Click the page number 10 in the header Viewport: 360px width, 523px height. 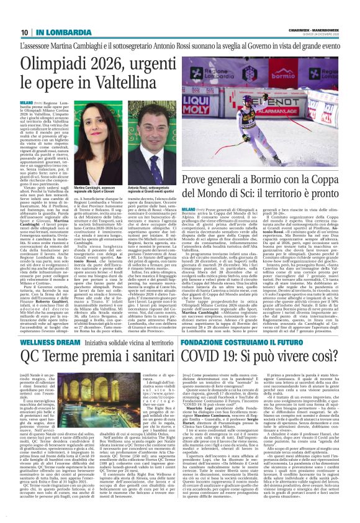[x=23, y=32]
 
